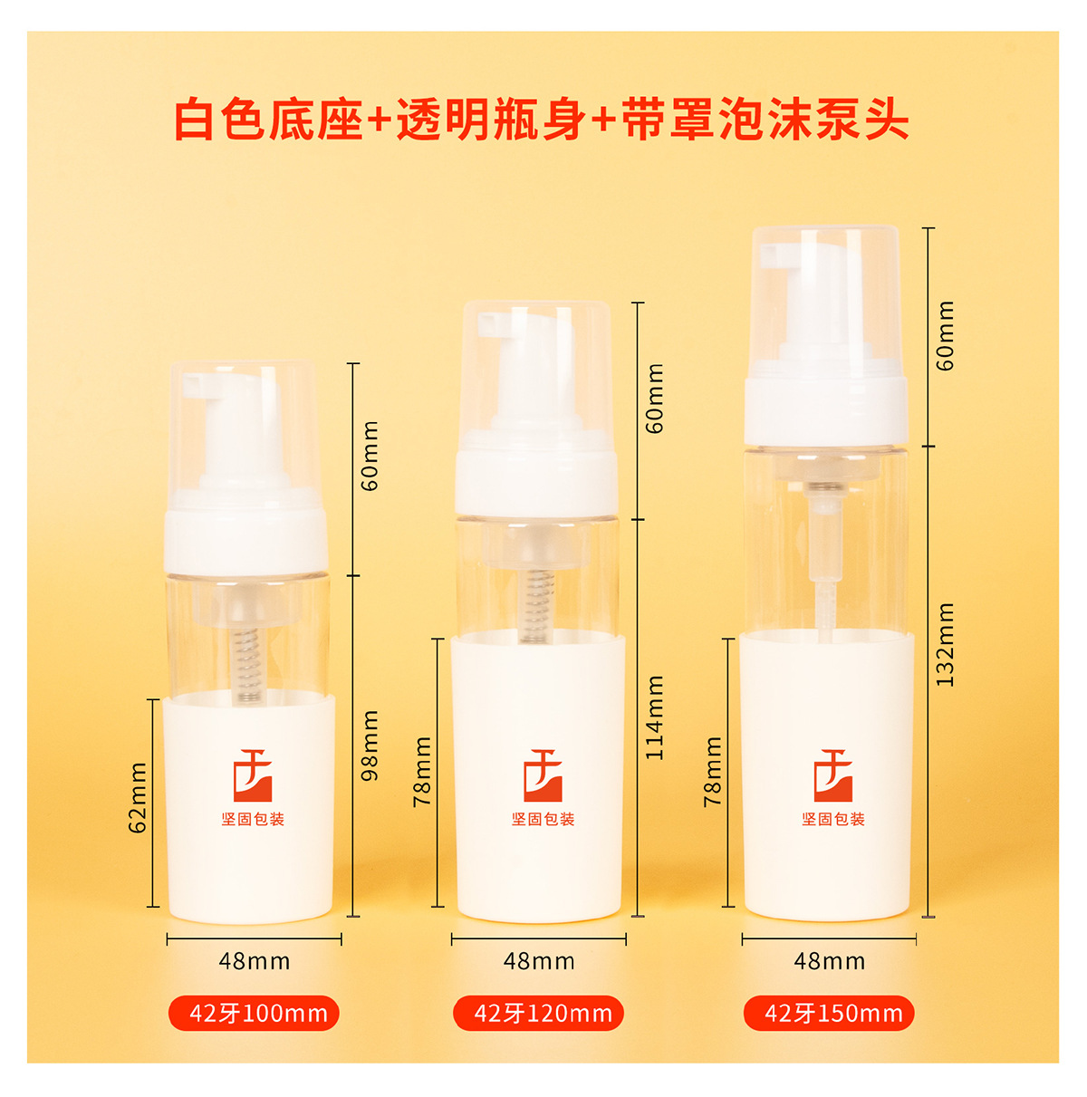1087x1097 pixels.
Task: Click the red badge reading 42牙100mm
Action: [254, 1013]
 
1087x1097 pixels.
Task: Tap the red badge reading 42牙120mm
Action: [539, 1013]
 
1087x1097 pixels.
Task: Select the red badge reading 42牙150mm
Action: [829, 1013]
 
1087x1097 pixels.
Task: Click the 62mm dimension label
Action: [138, 797]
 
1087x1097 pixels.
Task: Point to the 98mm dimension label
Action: [370, 745]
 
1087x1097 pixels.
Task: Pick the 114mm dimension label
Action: [655, 717]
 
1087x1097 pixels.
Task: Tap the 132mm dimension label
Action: [945, 644]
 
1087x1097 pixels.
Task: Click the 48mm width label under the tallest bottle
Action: [829, 961]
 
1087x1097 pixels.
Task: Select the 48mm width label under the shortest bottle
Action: [254, 961]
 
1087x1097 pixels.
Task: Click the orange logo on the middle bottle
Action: [543, 775]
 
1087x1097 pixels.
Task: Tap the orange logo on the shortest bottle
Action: [253, 775]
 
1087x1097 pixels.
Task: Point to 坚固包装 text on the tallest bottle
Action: [832, 819]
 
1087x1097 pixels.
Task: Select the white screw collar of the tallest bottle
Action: [825, 410]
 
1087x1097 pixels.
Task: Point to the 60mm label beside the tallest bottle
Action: [945, 335]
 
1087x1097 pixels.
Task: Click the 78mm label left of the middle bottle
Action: [423, 771]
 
